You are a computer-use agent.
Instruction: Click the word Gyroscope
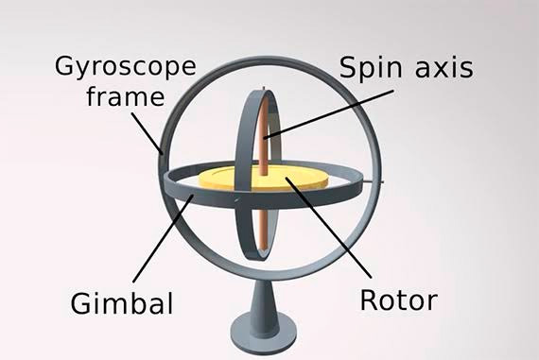point(126,67)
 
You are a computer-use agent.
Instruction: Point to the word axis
point(444,68)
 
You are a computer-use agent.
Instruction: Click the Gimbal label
point(122,303)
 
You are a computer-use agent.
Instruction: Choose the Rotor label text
point(399,300)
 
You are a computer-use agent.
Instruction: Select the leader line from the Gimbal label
point(163,238)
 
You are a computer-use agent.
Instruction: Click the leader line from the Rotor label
point(329,227)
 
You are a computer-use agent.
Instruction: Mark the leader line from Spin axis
point(329,114)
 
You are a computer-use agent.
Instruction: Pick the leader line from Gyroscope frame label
point(147,132)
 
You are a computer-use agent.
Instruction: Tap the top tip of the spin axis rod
point(264,88)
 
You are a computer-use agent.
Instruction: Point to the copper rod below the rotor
point(263,228)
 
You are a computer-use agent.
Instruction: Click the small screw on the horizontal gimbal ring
point(236,199)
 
